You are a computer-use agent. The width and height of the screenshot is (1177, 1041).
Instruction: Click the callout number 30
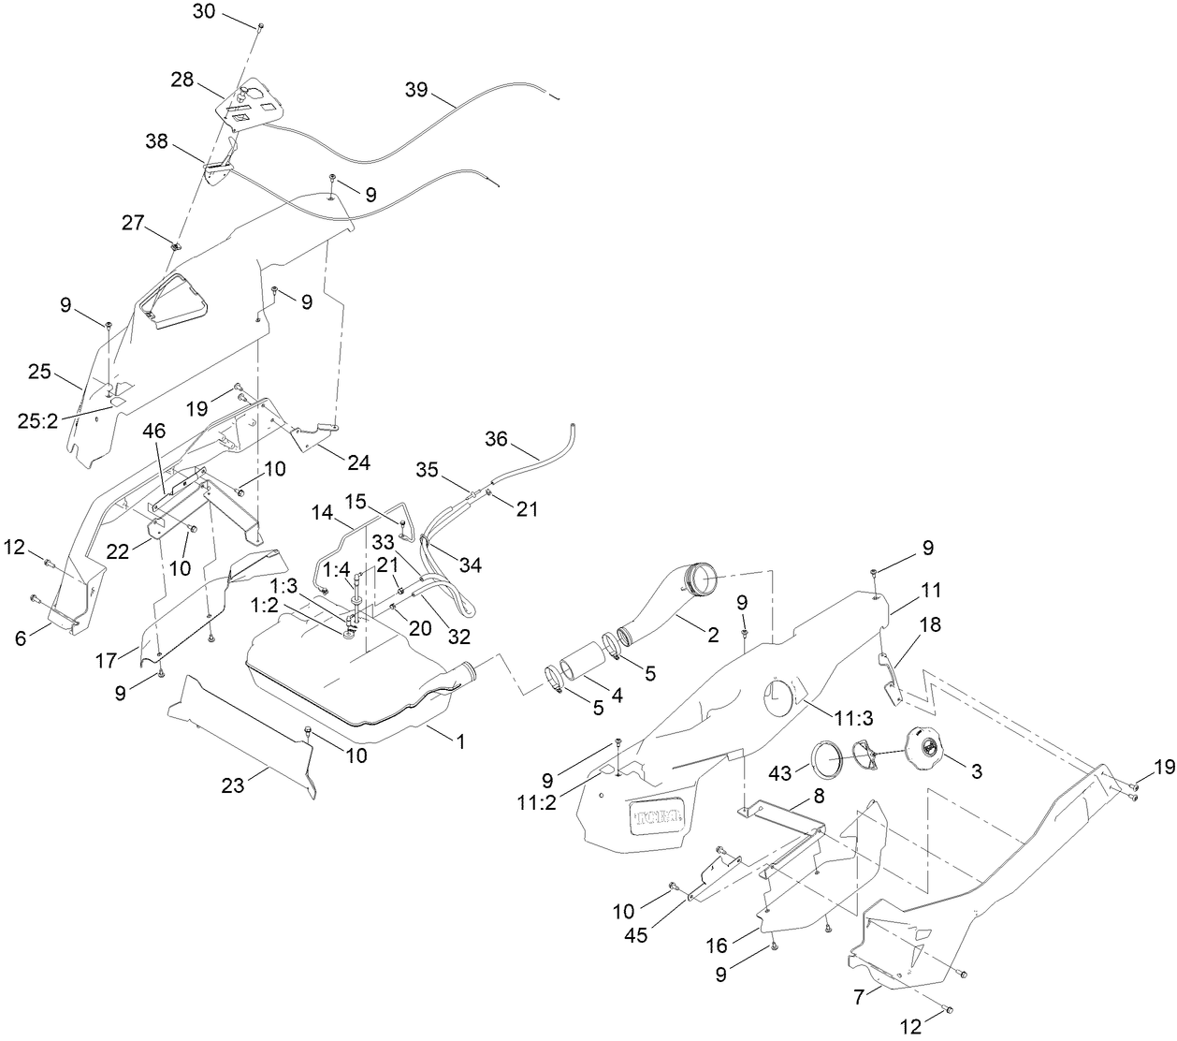[x=204, y=12]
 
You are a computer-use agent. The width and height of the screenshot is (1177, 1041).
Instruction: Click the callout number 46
[x=154, y=433]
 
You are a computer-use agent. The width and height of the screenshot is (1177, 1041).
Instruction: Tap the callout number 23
[x=233, y=786]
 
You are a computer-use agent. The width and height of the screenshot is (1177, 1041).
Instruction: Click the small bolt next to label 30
[x=260, y=26]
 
